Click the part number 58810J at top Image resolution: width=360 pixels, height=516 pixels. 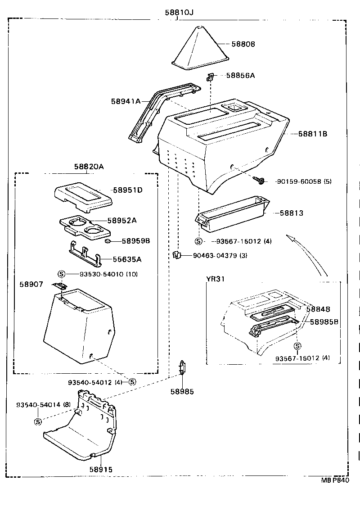179,12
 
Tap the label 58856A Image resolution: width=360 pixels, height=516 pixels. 240,76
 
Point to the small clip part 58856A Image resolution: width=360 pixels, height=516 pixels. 210,77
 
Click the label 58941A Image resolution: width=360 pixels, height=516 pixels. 126,101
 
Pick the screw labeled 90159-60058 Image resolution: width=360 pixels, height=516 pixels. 259,181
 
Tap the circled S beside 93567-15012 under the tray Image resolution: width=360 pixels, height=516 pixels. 199,241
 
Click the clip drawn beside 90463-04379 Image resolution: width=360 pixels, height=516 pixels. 176,255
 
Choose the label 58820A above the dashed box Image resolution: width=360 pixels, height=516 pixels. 89,167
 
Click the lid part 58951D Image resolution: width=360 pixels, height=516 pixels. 83,197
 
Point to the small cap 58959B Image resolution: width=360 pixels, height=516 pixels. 108,241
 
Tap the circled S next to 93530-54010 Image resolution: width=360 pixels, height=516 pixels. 62,274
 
